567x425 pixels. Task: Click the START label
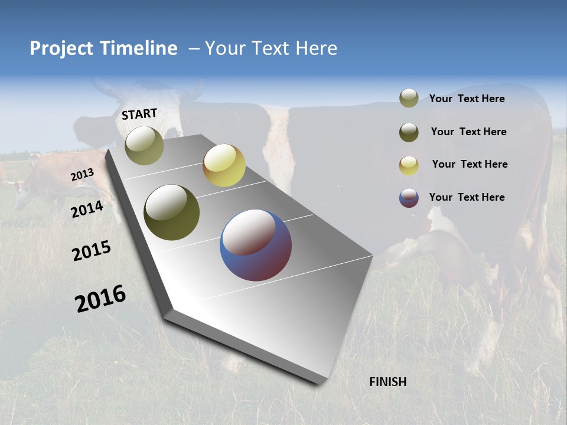(139, 114)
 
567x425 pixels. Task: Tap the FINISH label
(387, 382)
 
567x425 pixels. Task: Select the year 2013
(83, 175)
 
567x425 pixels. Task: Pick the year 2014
(87, 209)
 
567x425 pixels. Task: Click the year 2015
(92, 250)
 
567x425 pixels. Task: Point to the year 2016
(100, 299)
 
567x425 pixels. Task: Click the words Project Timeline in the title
(103, 48)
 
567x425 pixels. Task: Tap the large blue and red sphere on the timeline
(256, 245)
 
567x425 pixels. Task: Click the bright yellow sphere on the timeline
(224, 165)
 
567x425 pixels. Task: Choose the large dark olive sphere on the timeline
(171, 212)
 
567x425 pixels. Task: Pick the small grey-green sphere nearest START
(144, 145)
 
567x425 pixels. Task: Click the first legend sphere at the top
(409, 99)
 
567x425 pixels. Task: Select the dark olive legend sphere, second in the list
(409, 132)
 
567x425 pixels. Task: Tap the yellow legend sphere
(409, 165)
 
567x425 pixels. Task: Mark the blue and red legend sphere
(409, 198)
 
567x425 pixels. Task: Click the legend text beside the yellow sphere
(470, 164)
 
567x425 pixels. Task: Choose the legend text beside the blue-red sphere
(467, 197)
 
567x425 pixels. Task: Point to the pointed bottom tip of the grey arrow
(320, 382)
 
